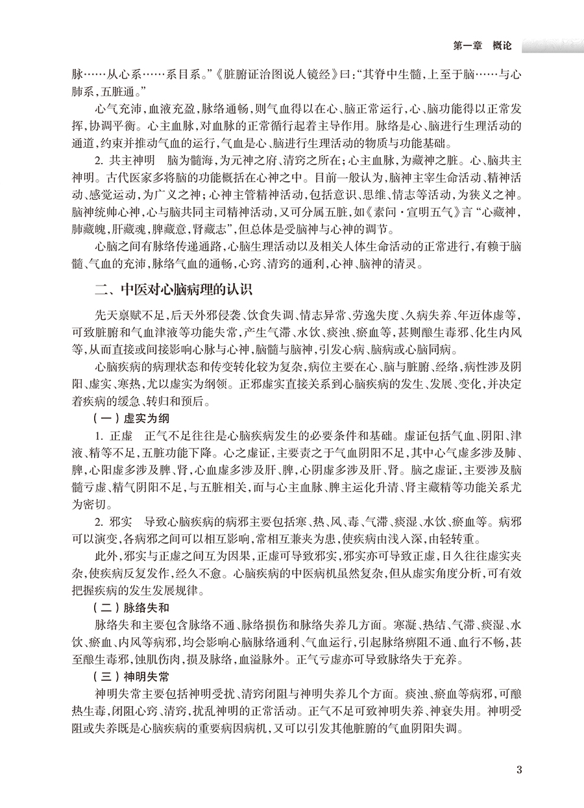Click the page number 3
click(x=518, y=770)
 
